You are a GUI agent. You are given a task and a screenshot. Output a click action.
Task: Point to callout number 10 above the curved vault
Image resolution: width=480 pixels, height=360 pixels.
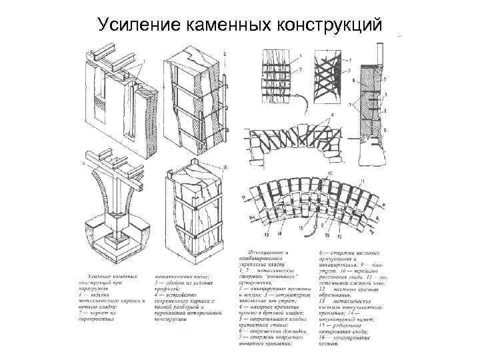point(328,173)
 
